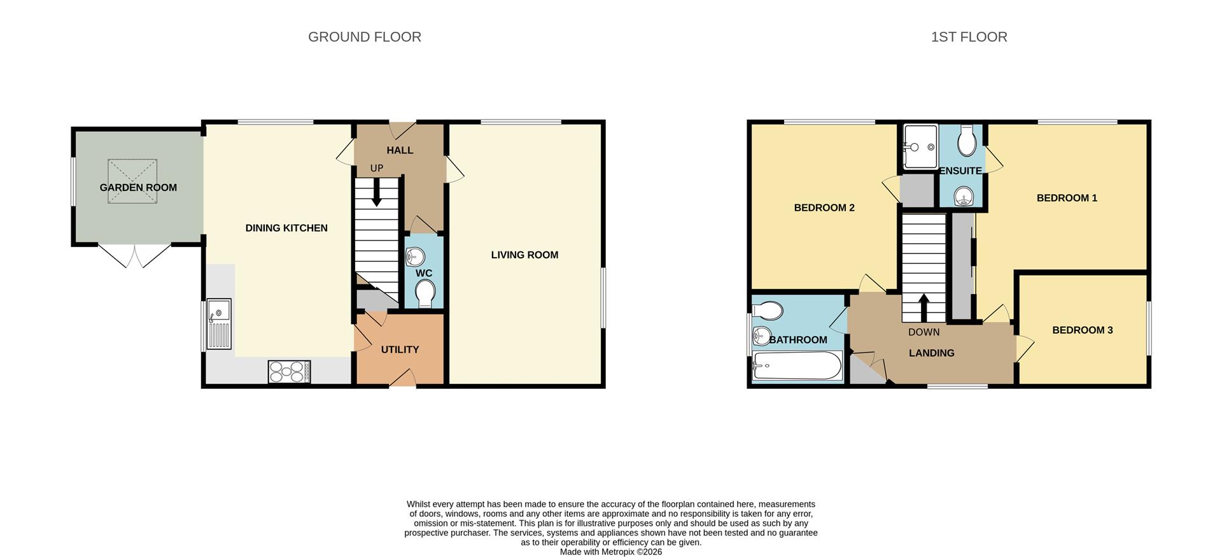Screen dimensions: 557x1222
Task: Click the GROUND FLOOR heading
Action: [x=364, y=37]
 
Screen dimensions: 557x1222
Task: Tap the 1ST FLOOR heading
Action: [x=969, y=37]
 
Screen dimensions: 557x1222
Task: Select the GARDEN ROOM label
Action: [x=138, y=187]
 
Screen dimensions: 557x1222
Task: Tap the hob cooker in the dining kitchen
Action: [x=289, y=372]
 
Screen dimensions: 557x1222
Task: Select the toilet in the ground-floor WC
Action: [x=425, y=293]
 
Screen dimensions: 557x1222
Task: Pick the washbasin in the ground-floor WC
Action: [x=415, y=257]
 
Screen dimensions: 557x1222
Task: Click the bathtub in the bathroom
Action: [x=797, y=366]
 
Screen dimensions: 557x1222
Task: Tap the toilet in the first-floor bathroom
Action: [x=768, y=311]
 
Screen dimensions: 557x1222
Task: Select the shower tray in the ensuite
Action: [x=920, y=147]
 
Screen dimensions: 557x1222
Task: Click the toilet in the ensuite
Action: [x=966, y=141]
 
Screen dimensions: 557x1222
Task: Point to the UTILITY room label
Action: [x=400, y=349]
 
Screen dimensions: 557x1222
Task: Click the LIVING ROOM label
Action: [x=524, y=255]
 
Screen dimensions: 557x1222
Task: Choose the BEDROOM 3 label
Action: [x=1082, y=330]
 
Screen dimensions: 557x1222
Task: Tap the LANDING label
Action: [x=931, y=353]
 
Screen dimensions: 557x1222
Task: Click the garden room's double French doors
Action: [x=135, y=255]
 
